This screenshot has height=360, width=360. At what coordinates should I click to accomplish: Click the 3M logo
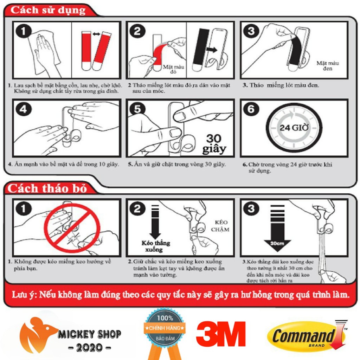pos(221,334)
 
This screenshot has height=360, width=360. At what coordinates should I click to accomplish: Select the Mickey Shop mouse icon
pos(37,334)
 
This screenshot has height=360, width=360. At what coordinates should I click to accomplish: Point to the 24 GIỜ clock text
pos(294,127)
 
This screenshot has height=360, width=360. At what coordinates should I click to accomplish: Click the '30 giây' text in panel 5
pos(214,144)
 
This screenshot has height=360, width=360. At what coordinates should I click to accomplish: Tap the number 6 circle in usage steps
pos(251,109)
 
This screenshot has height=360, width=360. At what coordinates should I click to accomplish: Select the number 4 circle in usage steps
pos(23,109)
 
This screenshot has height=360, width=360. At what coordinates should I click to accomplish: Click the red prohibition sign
pos(72,228)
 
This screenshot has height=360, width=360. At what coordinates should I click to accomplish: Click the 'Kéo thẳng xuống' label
pos(156,246)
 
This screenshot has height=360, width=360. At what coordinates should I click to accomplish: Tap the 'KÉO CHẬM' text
pos(220,226)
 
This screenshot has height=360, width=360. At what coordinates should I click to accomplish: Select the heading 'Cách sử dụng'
pos(48,10)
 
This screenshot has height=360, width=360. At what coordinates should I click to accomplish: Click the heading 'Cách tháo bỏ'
pos(47,188)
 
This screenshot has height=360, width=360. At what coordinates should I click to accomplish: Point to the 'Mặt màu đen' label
pos(328,65)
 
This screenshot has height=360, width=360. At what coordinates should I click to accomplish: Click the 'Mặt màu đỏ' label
pos(174,69)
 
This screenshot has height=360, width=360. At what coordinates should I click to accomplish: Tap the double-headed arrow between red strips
pos(96,34)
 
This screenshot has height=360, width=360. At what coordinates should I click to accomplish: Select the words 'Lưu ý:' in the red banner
pos(24,295)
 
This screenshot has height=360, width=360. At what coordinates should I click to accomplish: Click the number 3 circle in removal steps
pos(251,208)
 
